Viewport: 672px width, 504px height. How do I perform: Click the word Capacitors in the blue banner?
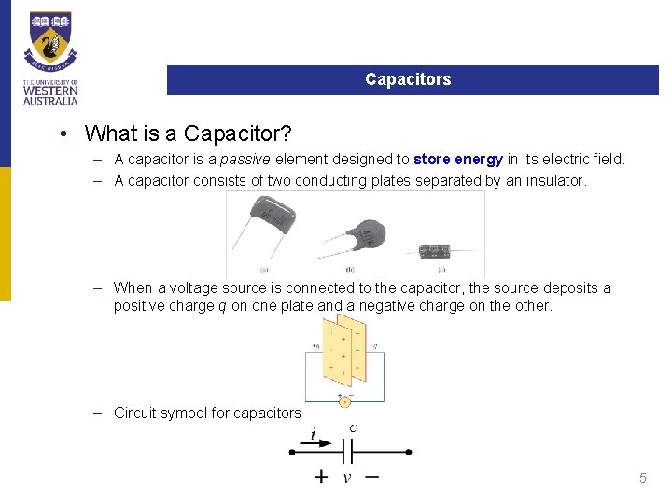(408, 80)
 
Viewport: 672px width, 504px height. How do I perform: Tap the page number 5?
(642, 478)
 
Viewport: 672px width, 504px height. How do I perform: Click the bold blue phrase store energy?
(458, 160)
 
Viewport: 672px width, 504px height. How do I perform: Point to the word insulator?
(554, 180)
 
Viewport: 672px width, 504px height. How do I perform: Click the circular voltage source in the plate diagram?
(344, 402)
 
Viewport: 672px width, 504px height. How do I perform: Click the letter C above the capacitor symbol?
(352, 429)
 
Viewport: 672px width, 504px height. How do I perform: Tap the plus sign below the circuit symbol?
(321, 477)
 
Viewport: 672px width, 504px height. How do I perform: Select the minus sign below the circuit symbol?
(371, 476)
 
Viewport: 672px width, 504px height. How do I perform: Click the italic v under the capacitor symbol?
(347, 478)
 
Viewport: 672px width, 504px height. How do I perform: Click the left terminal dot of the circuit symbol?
(292, 453)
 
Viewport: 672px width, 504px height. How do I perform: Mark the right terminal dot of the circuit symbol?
(409, 453)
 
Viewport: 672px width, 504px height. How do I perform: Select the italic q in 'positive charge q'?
(221, 306)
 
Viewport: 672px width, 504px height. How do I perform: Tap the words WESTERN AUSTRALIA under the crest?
(50, 94)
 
